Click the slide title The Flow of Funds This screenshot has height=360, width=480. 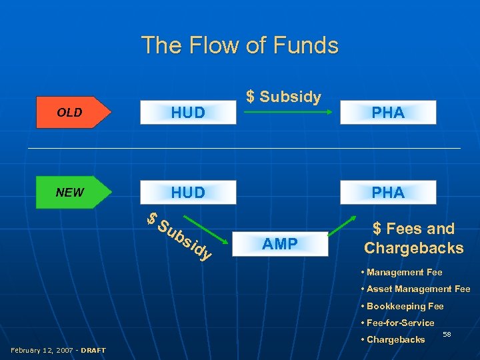point(239,45)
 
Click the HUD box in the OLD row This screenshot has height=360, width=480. point(188,113)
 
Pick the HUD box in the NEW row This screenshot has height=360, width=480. point(188,193)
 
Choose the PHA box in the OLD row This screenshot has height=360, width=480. point(388,113)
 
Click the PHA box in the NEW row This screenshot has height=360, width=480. point(388,193)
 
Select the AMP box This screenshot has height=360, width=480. point(280,244)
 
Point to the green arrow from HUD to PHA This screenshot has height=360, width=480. point(288,113)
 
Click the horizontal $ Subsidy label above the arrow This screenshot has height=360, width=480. point(284,97)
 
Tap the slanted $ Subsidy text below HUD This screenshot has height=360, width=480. point(180,236)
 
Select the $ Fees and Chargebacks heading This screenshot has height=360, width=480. point(413,239)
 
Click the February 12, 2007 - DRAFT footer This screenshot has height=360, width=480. point(58,350)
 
